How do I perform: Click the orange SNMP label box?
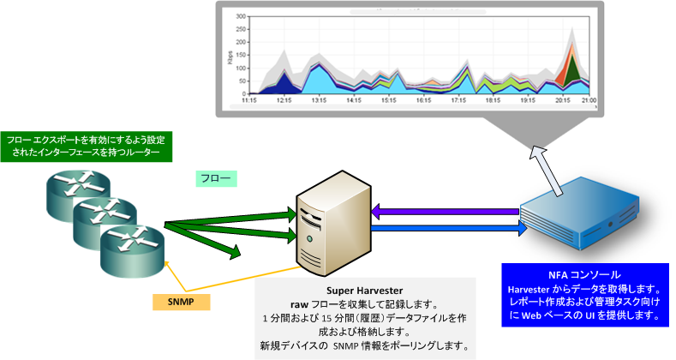(x=181, y=302)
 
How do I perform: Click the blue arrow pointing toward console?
(x=446, y=230)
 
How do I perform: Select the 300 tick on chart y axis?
(x=241, y=16)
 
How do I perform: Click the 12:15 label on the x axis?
(x=284, y=99)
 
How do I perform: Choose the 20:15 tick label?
(x=563, y=99)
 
